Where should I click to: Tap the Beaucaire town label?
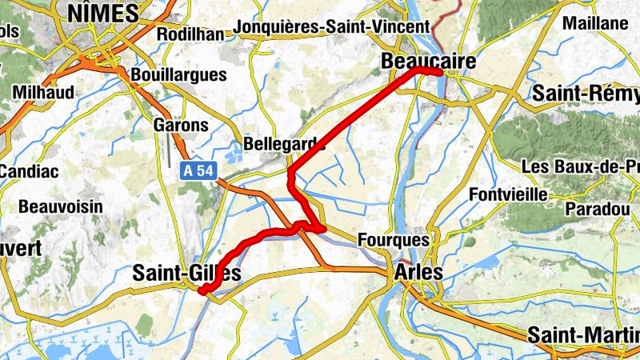pos(429,62)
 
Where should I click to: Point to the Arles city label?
pos(418,273)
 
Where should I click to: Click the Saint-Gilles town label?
pos(186,274)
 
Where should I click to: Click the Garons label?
pos(180,126)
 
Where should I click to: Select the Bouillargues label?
pos(180,74)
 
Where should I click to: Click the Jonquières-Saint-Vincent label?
pos(332,26)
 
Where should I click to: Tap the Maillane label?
pos(595,23)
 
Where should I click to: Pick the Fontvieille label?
pos(510,194)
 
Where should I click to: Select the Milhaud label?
pos(43,93)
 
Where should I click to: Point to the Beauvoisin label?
pos(61,206)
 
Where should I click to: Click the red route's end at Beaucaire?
pos(440,73)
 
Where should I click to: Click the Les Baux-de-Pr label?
pos(579,167)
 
